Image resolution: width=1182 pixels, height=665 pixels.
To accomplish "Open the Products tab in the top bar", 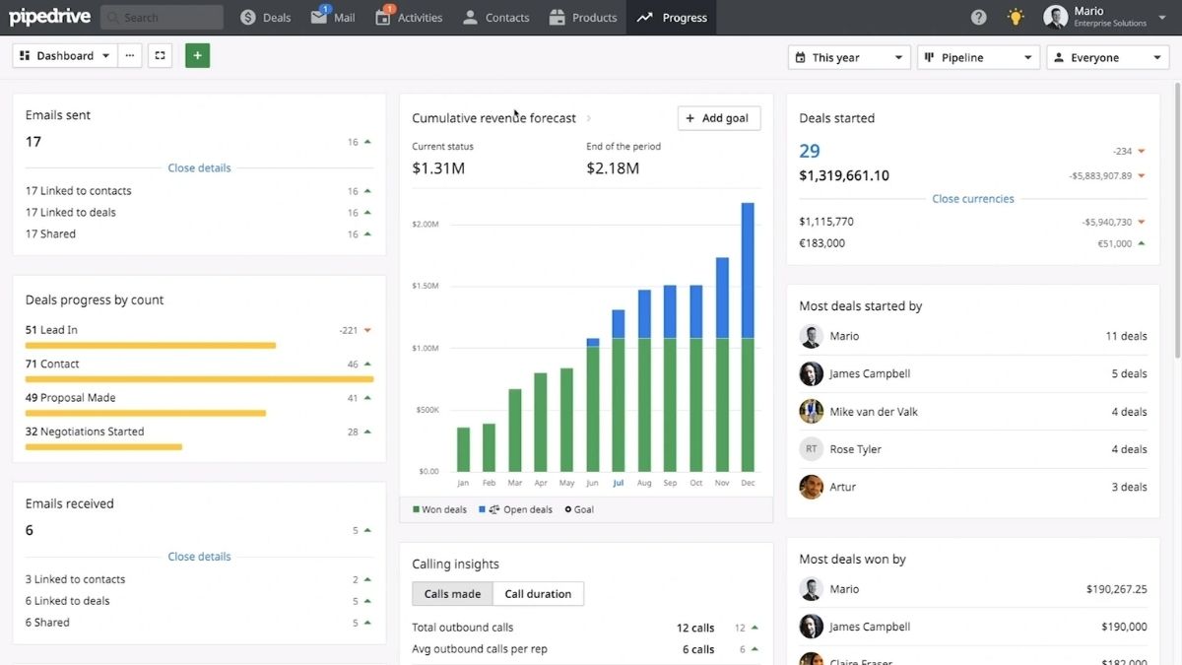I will pyautogui.click(x=583, y=18).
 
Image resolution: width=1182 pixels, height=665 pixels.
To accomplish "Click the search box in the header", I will pyautogui.click(x=162, y=18).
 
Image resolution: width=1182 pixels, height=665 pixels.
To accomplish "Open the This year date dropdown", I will pyautogui.click(x=848, y=58).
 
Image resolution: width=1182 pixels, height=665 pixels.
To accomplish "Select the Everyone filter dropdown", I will pyautogui.click(x=1107, y=58).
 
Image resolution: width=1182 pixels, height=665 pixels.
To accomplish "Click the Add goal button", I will pyautogui.click(x=718, y=118).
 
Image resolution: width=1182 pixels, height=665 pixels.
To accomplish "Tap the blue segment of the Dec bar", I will pyautogui.click(x=748, y=270).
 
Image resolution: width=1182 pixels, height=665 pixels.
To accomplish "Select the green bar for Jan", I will pyautogui.click(x=463, y=449).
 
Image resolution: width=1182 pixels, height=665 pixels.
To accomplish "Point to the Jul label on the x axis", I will pyautogui.click(x=618, y=484).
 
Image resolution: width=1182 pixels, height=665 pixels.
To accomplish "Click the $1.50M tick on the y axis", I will pyautogui.click(x=426, y=286).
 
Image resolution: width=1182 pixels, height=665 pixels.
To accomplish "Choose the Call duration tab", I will pyautogui.click(x=538, y=594).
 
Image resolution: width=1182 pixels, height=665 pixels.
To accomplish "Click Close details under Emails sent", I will pyautogui.click(x=199, y=168).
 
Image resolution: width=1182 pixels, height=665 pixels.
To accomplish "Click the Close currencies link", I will pyautogui.click(x=972, y=199).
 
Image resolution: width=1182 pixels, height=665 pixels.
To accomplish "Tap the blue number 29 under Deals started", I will pyautogui.click(x=810, y=152).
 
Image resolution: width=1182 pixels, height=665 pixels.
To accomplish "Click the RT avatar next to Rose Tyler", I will pyautogui.click(x=811, y=449).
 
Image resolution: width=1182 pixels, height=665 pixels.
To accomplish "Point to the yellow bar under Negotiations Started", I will pyautogui.click(x=103, y=447).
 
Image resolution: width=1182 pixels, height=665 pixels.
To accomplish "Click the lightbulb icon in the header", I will pyautogui.click(x=1015, y=18).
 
